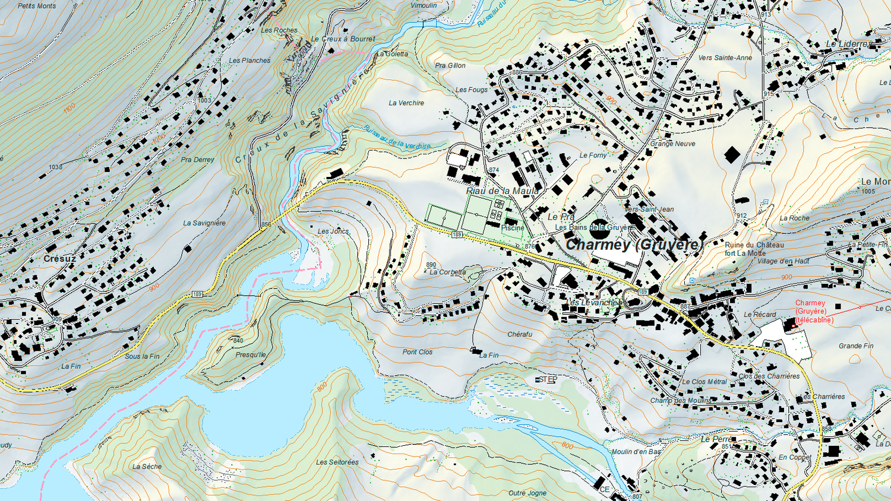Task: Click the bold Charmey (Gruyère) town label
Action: point(634,245)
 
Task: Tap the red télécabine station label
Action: point(814,312)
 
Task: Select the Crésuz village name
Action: point(59,259)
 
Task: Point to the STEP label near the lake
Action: point(548,379)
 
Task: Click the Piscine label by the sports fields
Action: point(513,228)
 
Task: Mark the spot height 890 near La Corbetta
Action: point(431,265)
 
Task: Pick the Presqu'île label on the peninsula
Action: point(251,355)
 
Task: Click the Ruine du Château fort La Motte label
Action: point(754,249)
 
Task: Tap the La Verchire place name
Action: point(406,103)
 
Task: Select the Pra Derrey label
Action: point(198,160)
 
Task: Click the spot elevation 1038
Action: point(55,167)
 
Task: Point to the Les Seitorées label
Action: point(337,462)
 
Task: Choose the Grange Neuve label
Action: point(672,144)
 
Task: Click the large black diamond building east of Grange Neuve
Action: point(732,155)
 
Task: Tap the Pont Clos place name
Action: point(418,352)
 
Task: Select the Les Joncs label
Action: point(333,232)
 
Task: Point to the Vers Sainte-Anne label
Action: point(725,58)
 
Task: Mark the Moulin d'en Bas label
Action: point(636,452)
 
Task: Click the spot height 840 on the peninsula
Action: point(238,341)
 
